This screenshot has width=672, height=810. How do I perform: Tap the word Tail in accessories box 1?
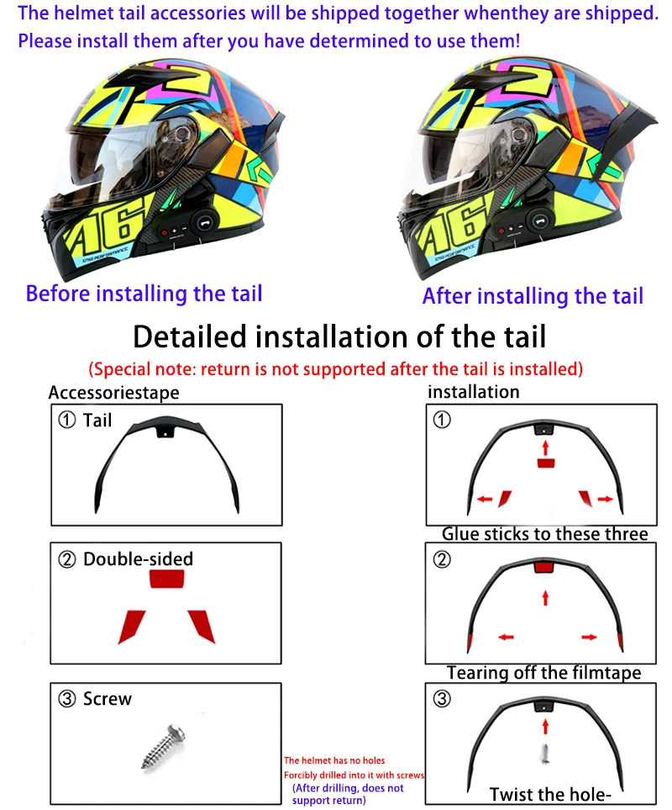pos(97,420)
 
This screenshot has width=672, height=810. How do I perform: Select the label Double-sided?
pos(138,559)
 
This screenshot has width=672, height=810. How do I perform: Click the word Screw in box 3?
pos(108,699)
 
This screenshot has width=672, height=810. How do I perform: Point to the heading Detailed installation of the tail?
pos(339,336)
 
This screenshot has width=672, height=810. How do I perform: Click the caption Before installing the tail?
pos(144,294)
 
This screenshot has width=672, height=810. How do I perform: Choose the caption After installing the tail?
pos(533,296)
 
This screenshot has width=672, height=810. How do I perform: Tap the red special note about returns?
pos(336,368)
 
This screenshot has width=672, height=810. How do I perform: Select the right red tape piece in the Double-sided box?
pos(202,625)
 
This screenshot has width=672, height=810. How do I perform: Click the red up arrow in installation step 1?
pos(545,446)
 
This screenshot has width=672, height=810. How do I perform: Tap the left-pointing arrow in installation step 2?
pos(506,637)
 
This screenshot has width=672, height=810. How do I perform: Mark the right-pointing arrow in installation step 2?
pos(589,637)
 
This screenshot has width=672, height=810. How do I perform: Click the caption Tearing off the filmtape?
pos(543,673)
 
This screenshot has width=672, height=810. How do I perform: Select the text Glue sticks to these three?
pos(545,534)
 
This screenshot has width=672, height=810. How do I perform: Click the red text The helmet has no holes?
pos(334,760)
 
